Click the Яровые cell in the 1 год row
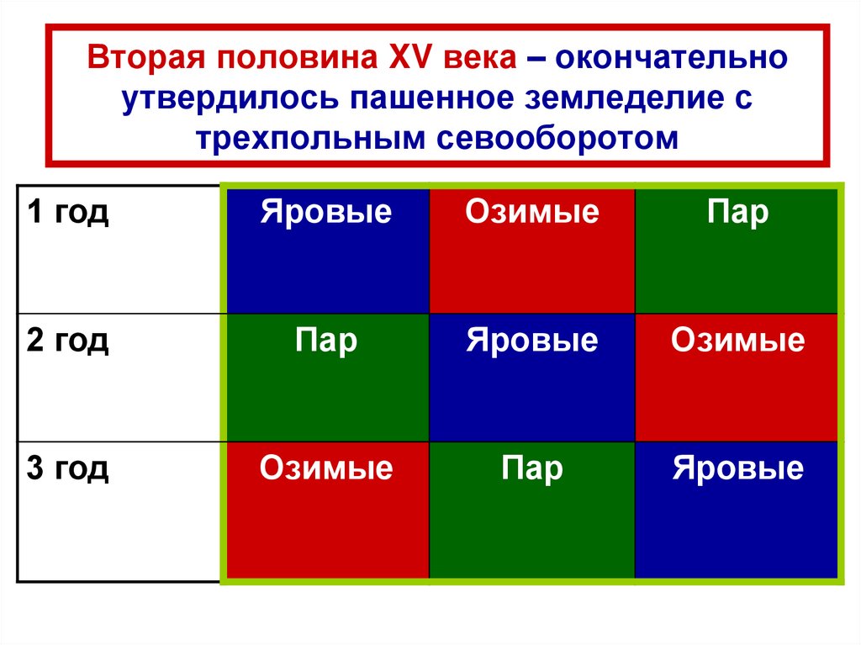(326, 250)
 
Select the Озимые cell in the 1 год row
(531, 250)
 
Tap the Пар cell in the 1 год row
(737, 250)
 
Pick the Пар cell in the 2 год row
(326, 377)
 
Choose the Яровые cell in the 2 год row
(531, 377)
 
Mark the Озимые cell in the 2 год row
(737, 377)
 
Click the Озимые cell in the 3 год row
(326, 509)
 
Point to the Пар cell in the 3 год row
(531, 509)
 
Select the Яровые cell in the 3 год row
(737, 509)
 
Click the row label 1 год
(68, 212)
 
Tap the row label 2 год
(68, 341)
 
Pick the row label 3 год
(68, 468)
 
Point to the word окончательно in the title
(670, 60)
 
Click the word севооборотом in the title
(557, 137)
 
